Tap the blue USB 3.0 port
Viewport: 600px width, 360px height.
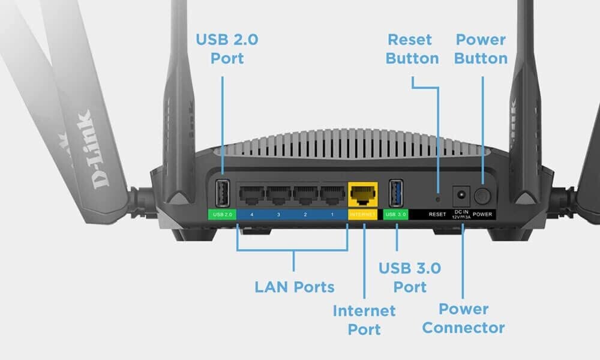point(396,192)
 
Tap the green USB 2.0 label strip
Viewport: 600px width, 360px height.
point(222,214)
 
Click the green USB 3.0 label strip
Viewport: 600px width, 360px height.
point(396,214)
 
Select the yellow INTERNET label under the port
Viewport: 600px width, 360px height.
point(363,214)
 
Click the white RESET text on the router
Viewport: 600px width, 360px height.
point(437,214)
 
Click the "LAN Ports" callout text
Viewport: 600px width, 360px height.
point(294,287)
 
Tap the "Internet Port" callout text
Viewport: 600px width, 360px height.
point(364,320)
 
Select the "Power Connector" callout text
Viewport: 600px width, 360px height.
point(463,318)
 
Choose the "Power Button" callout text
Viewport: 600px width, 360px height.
point(481,49)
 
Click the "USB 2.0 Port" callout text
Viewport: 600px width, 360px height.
point(220,49)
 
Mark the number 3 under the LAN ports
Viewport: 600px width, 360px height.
point(278,214)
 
